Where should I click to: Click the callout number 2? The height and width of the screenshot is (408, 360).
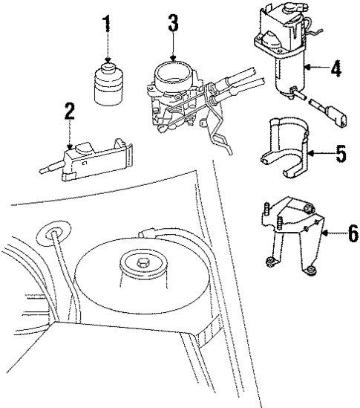[69, 112]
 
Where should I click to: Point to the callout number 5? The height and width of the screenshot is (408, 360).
[340, 154]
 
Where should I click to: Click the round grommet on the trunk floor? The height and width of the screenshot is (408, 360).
[54, 230]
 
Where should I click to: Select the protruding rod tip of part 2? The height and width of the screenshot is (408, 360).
[43, 169]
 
